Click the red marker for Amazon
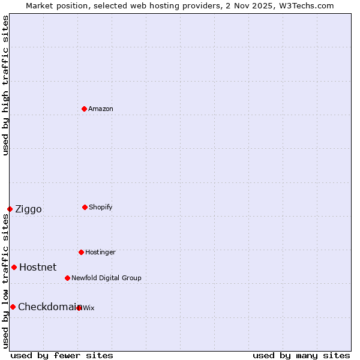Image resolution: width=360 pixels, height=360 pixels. (85, 109)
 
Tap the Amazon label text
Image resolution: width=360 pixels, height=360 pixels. (101, 109)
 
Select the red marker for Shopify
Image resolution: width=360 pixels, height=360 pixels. (85, 207)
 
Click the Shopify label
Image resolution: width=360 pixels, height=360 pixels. (101, 207)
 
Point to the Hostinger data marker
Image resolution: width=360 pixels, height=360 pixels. (81, 252)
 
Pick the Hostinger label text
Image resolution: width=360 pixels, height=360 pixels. (100, 252)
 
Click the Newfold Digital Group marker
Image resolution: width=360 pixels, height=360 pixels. (67, 278)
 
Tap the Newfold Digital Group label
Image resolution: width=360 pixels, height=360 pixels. (106, 278)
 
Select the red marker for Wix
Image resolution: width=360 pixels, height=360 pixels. (79, 308)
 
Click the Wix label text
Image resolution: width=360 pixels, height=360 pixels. (89, 308)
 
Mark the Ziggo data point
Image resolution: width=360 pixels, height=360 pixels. (10, 209)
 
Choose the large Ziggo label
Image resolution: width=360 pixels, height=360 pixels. (28, 209)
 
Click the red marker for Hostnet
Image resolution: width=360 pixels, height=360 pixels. (14, 267)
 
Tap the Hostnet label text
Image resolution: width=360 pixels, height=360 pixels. (38, 267)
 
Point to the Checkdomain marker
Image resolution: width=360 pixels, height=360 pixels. (13, 307)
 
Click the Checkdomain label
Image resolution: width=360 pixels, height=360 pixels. (47, 307)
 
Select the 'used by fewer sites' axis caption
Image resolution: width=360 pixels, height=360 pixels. (62, 355)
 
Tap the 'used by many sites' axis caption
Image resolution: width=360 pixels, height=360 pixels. (301, 355)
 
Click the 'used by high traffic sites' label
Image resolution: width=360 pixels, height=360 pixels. (5, 85)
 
